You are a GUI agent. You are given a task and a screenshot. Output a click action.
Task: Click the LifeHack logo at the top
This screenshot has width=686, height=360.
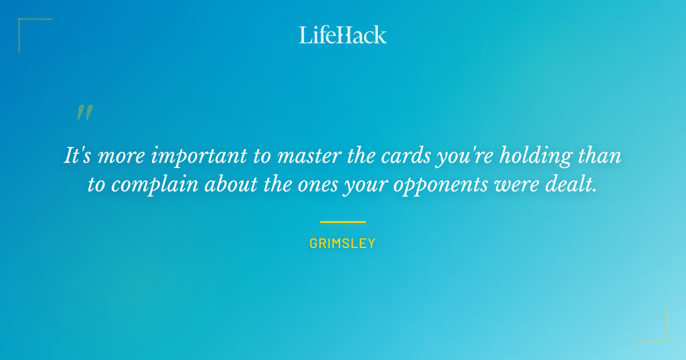[343, 34]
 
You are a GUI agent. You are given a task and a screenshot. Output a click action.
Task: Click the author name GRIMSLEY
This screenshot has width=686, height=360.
[342, 243]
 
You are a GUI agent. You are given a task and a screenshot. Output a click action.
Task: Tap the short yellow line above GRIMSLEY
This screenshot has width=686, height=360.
[342, 222]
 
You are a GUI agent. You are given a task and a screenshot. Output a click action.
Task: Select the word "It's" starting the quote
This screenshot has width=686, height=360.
[78, 157]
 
